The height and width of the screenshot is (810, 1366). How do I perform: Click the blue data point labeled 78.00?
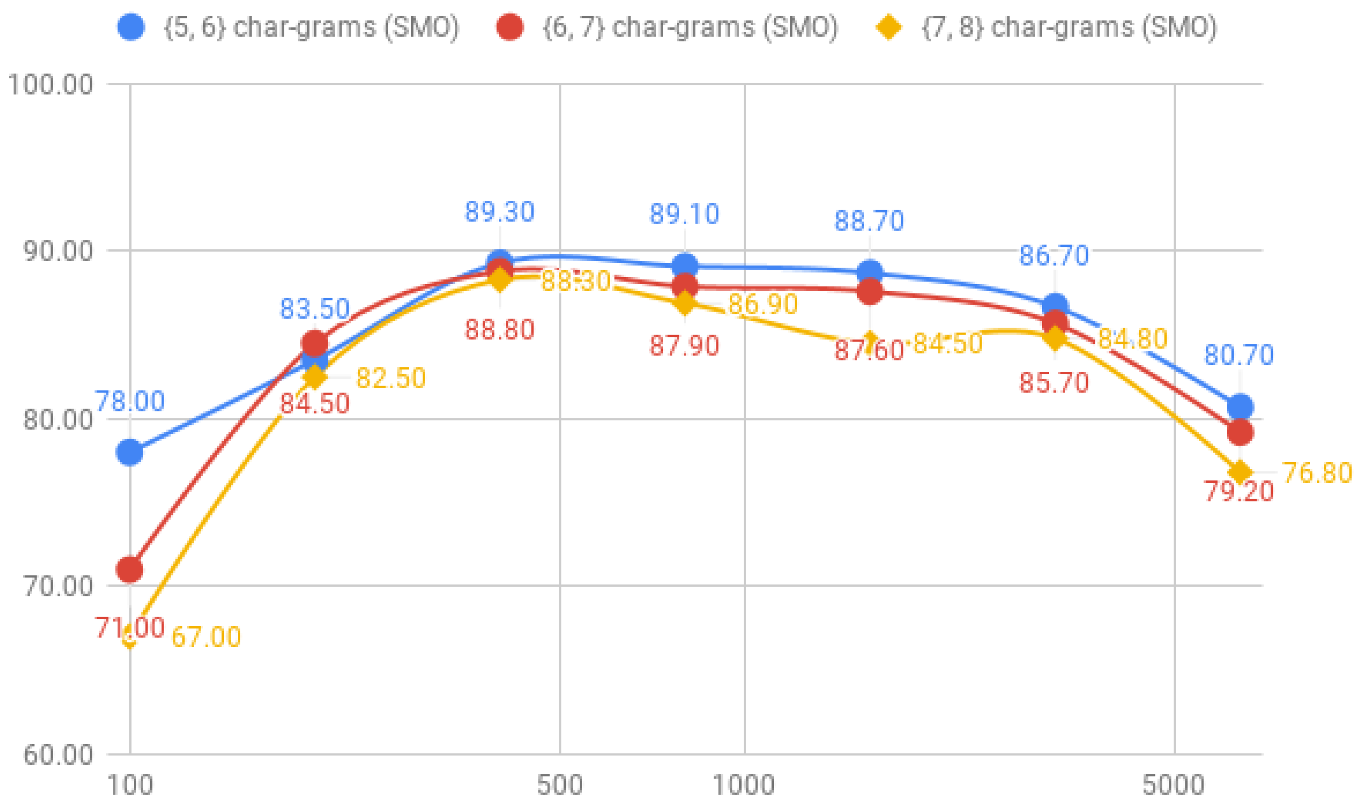tap(130, 452)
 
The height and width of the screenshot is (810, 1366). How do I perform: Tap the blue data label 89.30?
tap(499, 212)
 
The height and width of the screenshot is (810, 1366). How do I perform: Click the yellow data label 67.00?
tap(206, 637)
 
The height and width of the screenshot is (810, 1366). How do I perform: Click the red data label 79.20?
tap(1238, 491)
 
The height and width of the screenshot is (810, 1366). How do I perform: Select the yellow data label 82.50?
tap(390, 378)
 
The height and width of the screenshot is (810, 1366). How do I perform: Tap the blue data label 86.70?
tap(1054, 255)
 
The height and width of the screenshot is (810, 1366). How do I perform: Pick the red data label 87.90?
tap(684, 346)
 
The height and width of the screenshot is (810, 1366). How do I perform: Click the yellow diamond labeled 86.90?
tap(685, 303)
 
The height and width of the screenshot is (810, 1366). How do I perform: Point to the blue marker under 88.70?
tap(870, 272)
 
